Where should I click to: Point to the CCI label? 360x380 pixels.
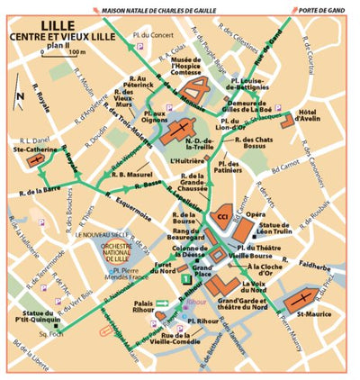pos(221,217)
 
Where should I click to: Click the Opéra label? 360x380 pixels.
pos(256,215)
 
